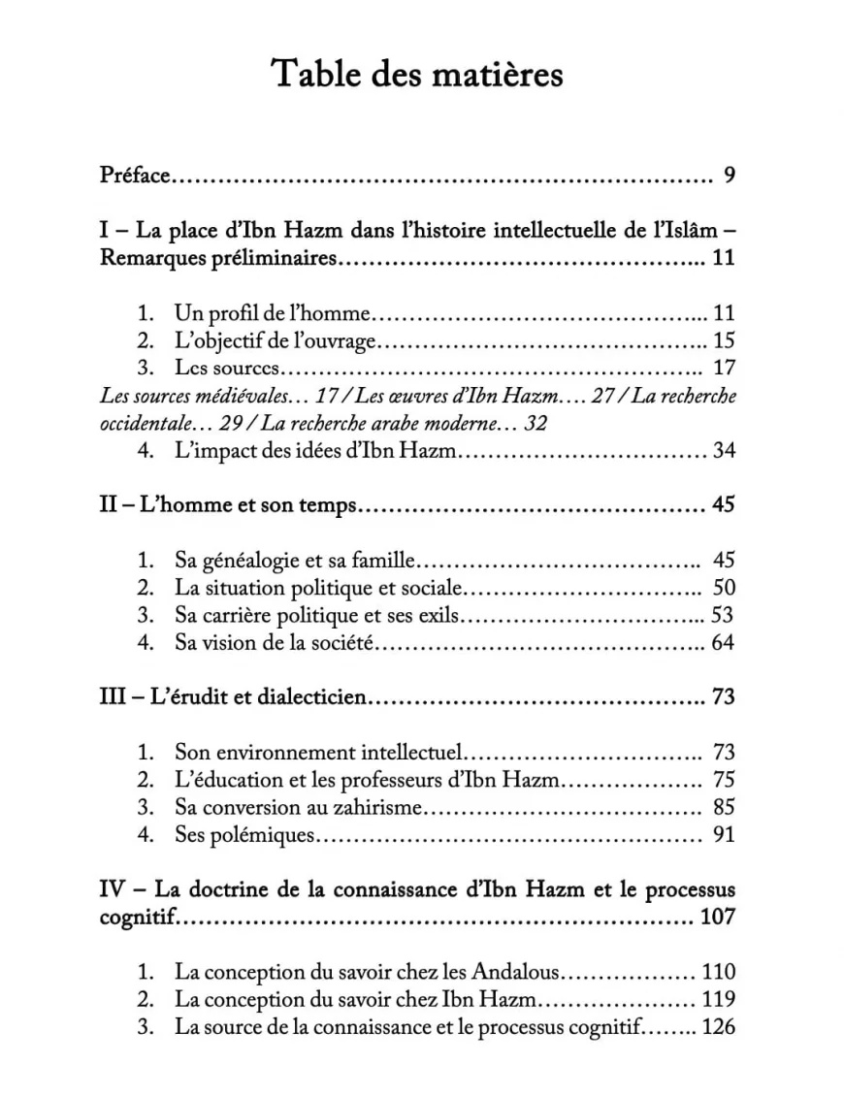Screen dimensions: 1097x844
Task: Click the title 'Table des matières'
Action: click(x=417, y=74)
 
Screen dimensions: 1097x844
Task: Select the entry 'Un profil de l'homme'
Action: click(x=274, y=312)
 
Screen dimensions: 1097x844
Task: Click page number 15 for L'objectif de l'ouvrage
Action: click(x=724, y=340)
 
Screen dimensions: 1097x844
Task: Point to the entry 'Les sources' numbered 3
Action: click(x=227, y=368)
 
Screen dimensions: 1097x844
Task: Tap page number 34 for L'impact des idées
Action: click(x=724, y=450)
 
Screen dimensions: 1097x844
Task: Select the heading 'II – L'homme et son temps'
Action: click(x=229, y=505)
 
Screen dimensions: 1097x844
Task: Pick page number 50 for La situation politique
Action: click(x=724, y=587)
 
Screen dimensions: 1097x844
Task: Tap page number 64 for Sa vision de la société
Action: click(x=724, y=642)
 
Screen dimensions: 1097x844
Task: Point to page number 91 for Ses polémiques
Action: click(x=724, y=833)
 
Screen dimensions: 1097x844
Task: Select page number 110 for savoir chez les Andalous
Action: click(x=719, y=971)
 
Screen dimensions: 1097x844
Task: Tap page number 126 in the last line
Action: click(x=719, y=1027)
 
